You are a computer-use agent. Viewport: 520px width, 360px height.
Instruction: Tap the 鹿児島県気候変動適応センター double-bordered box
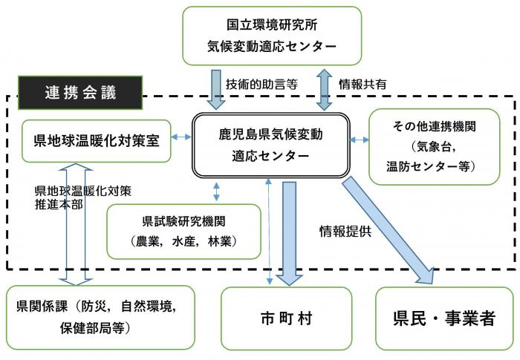point(270,145)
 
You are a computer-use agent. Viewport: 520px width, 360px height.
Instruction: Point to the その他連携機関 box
point(434,145)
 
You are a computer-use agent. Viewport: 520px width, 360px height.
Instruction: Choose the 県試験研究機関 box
point(183,230)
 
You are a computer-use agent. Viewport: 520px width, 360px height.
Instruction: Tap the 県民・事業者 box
point(443,318)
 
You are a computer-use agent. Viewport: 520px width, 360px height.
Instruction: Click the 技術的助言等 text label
point(260,85)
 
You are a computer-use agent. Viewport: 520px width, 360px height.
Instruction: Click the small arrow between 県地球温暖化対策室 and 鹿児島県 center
point(181,138)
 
